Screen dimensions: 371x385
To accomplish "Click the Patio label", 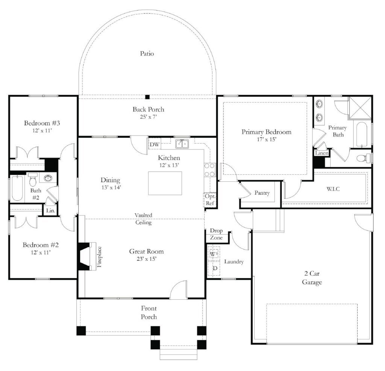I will click(147, 54).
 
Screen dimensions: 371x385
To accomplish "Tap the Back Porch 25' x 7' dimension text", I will click(148, 117).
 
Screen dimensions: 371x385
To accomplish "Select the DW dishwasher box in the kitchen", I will click(155, 145).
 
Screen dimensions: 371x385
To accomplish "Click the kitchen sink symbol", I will click(182, 143).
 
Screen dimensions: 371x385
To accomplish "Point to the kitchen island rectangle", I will click(165, 183).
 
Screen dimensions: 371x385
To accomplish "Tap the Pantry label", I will click(262, 193).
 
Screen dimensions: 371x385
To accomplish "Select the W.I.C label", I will click(333, 189).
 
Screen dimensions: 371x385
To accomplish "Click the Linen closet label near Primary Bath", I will click(322, 153).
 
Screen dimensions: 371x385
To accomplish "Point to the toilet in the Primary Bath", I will click(362, 158).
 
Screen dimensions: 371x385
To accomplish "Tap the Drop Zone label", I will click(216, 234).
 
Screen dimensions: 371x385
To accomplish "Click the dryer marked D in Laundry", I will click(215, 268).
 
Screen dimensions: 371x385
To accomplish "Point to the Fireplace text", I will click(100, 256).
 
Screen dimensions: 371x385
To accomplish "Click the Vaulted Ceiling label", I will click(144, 219).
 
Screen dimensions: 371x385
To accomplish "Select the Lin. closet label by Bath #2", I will click(50, 211).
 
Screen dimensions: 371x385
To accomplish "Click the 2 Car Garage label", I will click(312, 278).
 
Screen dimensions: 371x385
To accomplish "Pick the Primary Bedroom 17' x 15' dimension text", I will click(266, 139).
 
